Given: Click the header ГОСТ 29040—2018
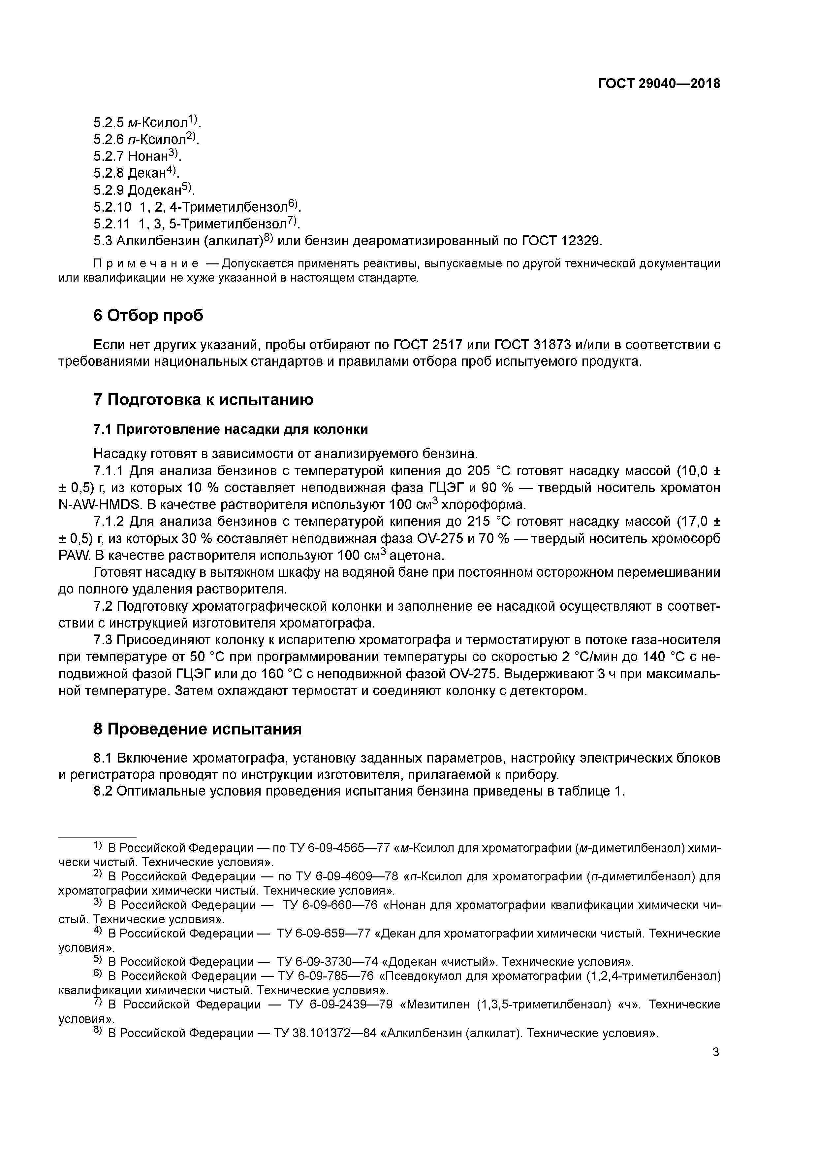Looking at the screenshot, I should click(x=659, y=84).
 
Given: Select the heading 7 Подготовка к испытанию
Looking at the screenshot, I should click(x=203, y=399).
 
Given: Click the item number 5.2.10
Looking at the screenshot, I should click(x=112, y=207).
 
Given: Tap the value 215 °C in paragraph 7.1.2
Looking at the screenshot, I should click(x=489, y=522).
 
